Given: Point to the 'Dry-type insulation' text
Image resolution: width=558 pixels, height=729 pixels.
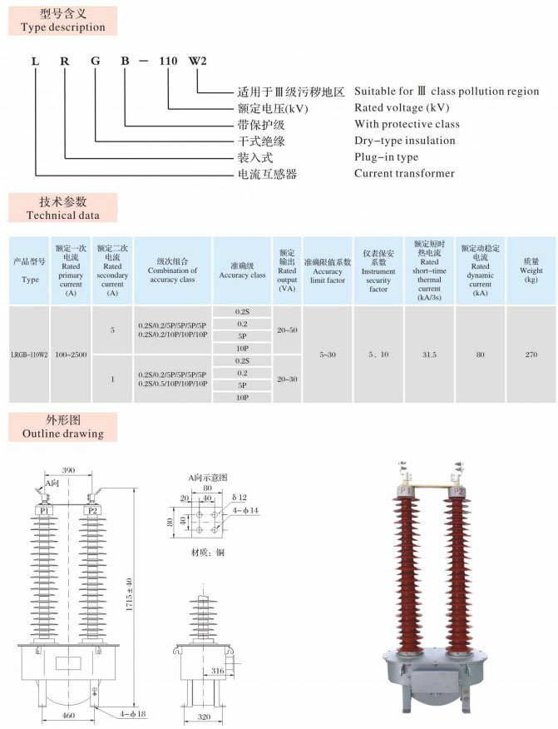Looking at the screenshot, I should point(404,141).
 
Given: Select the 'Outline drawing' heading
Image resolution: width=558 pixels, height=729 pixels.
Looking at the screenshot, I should point(62,434).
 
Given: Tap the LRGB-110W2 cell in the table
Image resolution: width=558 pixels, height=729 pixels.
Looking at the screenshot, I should point(30,355).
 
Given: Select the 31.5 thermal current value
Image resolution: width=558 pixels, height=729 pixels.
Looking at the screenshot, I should point(430,355).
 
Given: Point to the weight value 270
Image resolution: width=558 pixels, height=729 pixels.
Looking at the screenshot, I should point(531,355).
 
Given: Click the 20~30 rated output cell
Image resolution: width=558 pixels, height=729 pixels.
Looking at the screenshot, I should point(287,379).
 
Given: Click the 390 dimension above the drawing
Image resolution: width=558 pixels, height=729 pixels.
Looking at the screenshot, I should point(68,471).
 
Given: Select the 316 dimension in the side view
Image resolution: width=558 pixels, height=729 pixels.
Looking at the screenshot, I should point(218,670).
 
